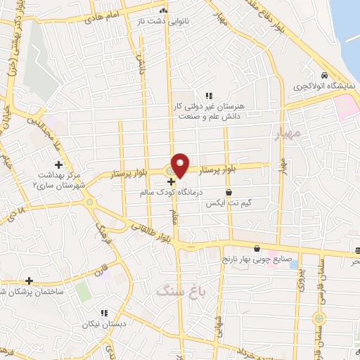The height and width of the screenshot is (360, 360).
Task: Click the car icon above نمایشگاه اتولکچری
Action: click(x=323, y=76)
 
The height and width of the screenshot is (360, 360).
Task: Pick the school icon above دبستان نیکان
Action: click(x=103, y=313)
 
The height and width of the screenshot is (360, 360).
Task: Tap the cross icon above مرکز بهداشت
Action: click(x=59, y=164)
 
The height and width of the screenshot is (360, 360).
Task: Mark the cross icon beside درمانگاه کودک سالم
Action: click(x=171, y=181)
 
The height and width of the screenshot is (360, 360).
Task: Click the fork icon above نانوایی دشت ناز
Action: click(x=163, y=11)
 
